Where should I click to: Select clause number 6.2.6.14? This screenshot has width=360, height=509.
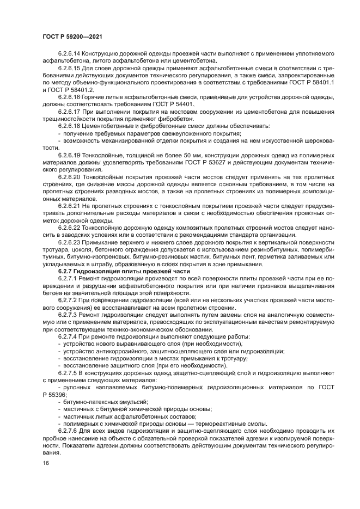(71, 54)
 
